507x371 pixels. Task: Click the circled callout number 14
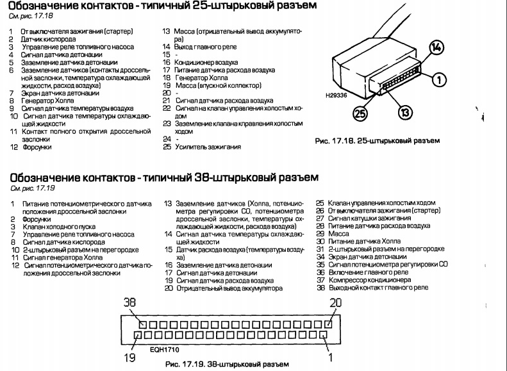pos(436,48)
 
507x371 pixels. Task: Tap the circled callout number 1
pos(439,80)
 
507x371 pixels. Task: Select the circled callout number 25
pos(360,114)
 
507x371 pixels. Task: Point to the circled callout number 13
pos(405,113)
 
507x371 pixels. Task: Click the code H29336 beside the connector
pos(337,95)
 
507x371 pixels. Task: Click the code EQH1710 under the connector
pos(164,350)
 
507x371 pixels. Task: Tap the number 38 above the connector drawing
pos(129,302)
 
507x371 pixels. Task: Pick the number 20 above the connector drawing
pos(336,302)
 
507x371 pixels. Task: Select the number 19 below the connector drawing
pos(129,358)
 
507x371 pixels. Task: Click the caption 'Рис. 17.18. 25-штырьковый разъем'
pos(378,141)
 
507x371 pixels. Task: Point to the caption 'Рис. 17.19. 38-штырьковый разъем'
pos(227,365)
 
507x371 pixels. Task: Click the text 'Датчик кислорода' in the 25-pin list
pos(49,39)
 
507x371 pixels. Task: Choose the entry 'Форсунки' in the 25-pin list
pos(37,147)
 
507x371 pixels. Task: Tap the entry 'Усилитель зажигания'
pos(208,147)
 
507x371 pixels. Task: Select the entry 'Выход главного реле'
pos(205,47)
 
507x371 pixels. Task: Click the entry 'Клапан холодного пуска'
pos(59,227)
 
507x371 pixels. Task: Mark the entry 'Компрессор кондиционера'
pos(370,280)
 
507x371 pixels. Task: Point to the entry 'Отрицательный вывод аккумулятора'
pos(229,288)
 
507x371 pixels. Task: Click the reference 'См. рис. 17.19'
pos(33,188)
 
